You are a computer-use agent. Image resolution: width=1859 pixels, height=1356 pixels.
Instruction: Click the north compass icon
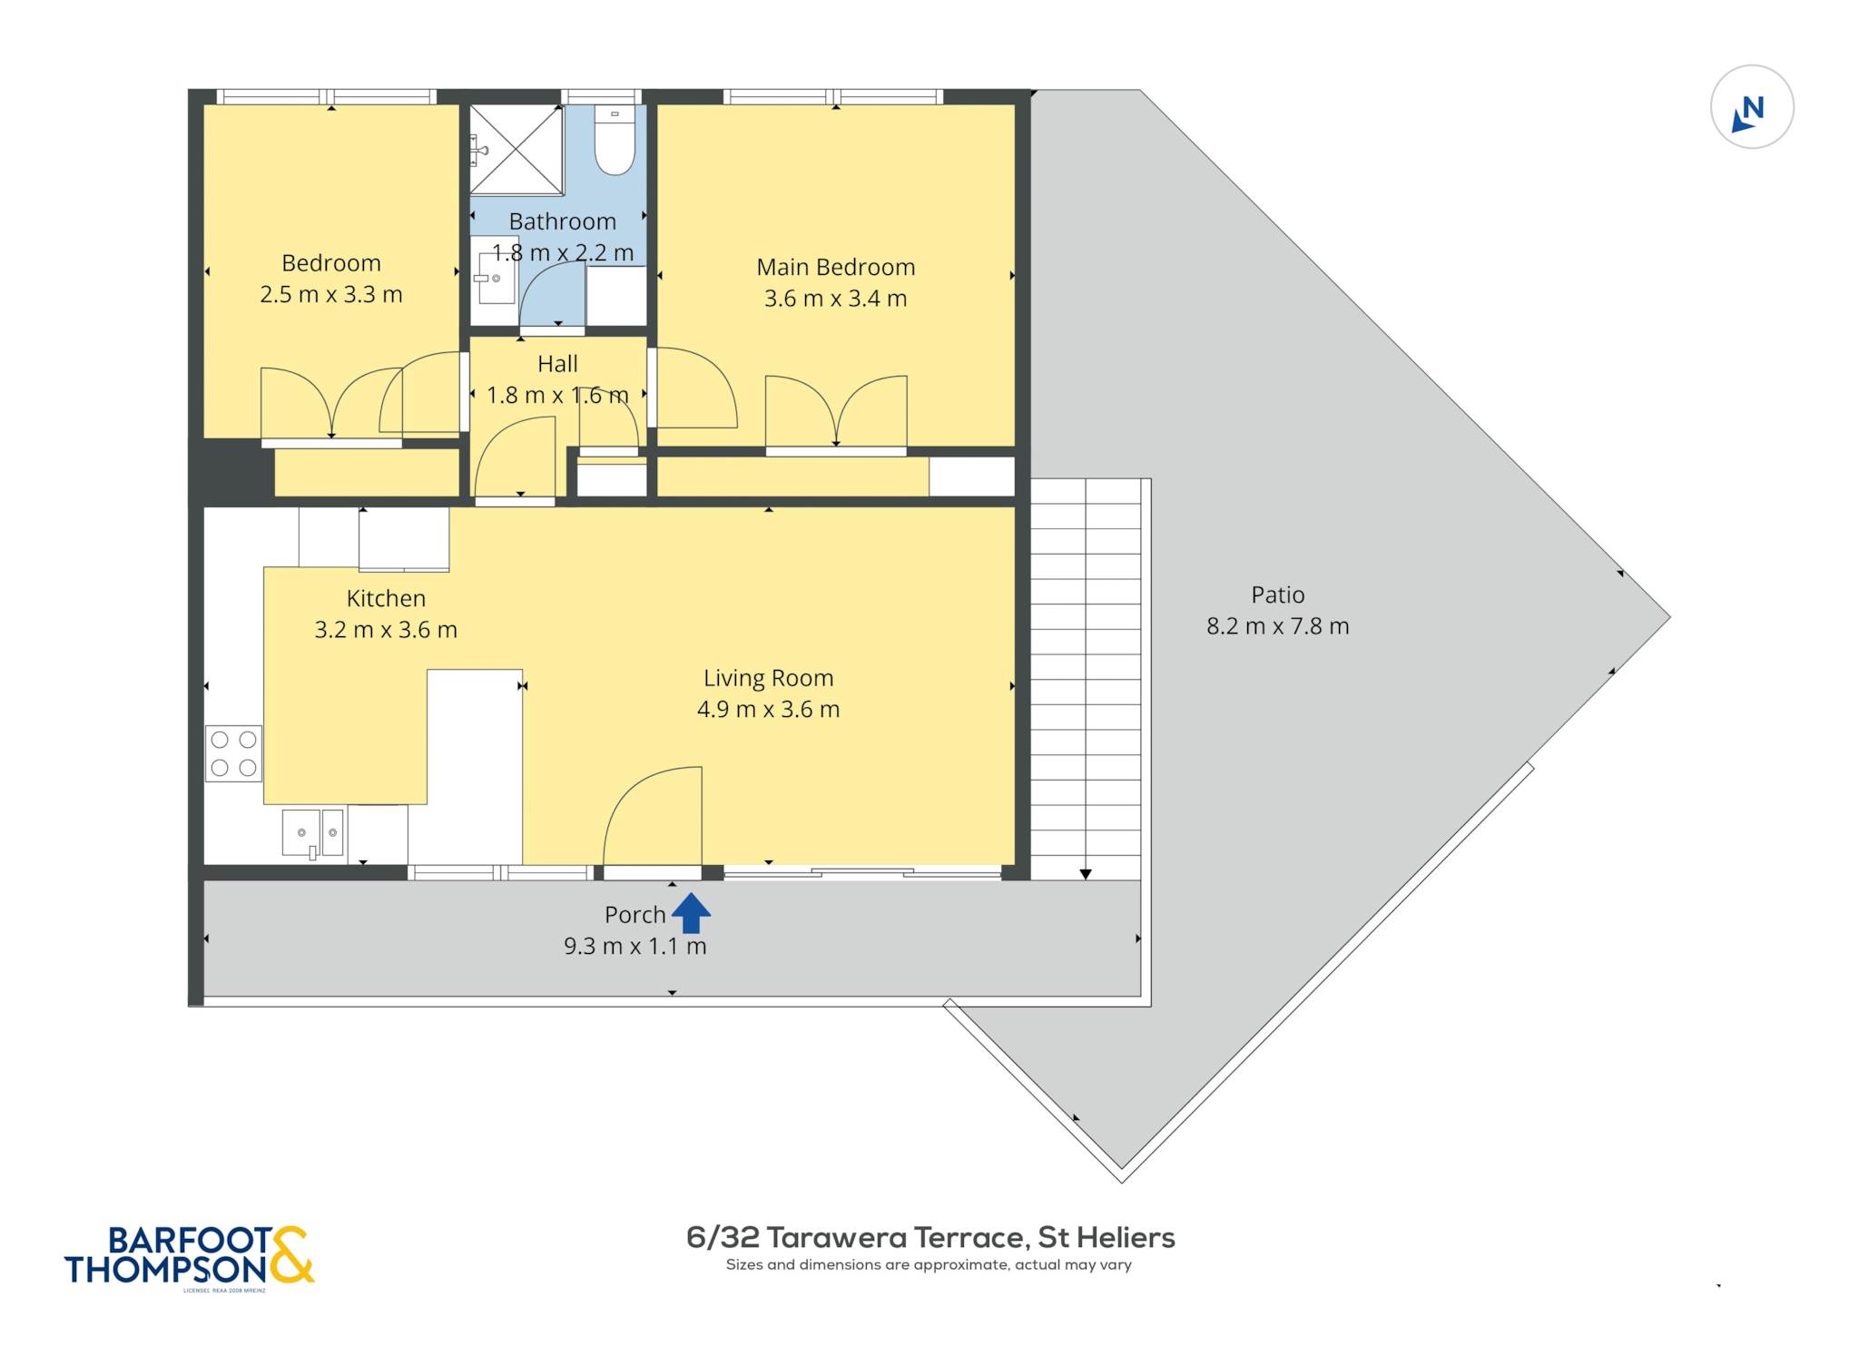[1752, 107]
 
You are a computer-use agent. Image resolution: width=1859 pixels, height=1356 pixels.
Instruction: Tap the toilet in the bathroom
[615, 140]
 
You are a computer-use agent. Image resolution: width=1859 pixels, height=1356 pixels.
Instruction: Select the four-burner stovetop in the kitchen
[233, 753]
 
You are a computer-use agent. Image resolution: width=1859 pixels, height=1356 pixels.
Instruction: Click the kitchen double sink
[312, 833]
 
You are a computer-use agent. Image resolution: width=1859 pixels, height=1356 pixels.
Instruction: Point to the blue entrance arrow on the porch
[691, 913]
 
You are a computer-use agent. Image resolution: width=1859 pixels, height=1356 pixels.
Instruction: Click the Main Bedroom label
[835, 267]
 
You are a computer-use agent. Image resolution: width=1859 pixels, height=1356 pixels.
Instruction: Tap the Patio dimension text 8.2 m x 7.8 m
[1277, 626]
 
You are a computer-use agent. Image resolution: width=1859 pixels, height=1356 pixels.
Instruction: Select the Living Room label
[768, 678]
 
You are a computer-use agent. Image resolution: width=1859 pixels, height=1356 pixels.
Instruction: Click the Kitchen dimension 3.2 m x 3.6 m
[386, 630]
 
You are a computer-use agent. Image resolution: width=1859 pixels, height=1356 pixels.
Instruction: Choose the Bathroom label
[563, 221]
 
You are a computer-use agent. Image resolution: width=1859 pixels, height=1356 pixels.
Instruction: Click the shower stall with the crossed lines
[516, 150]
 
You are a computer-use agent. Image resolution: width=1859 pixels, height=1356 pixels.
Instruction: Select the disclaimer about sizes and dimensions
[929, 1264]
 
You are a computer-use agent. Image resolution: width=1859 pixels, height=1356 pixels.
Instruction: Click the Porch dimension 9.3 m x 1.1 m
[634, 947]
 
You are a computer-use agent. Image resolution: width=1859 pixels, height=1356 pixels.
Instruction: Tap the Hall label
[557, 364]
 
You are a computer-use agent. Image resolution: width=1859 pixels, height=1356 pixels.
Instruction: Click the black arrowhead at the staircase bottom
[1086, 874]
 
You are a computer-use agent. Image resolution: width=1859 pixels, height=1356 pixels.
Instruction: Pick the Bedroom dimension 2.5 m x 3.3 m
[331, 295]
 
